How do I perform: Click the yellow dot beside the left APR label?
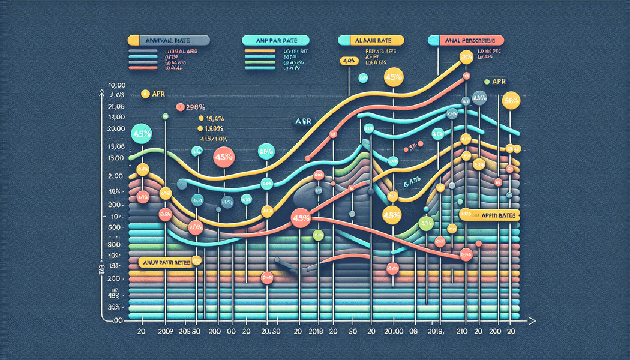(144, 94)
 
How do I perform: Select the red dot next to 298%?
(180, 107)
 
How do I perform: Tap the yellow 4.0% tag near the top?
(347, 61)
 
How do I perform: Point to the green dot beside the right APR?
(487, 82)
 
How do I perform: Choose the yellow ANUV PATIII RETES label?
(167, 262)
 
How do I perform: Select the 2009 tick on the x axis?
(164, 331)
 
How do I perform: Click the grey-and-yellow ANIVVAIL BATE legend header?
(169, 41)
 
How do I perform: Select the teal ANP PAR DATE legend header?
(277, 41)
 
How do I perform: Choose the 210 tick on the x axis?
(462, 331)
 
